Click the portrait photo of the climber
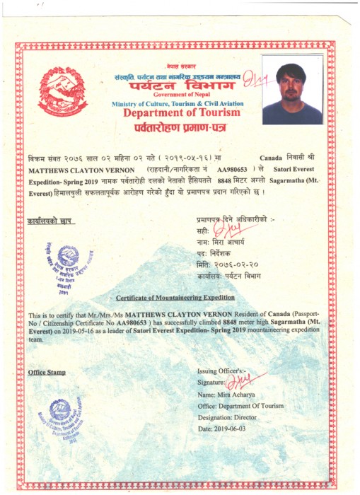(x=292, y=93)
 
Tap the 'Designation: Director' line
(x=240, y=417)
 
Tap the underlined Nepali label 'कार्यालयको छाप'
(x=49, y=222)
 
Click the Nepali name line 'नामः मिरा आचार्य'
(x=226, y=241)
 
